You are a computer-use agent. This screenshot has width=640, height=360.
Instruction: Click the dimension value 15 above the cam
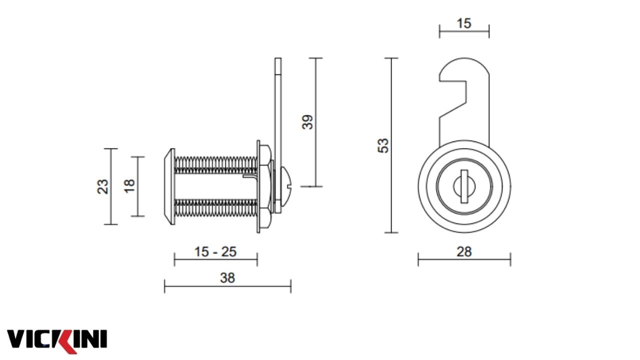pos(464,23)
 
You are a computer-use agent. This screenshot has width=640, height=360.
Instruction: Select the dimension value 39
pos(308,122)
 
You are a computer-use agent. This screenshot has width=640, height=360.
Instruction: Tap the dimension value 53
pos(383,145)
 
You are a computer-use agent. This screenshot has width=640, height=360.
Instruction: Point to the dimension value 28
pos(464,251)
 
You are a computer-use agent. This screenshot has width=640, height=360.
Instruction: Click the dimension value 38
pos(227,278)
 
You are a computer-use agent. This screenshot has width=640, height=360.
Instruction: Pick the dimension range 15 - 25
pos(215,251)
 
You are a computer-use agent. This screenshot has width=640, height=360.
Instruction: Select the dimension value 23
pos(103,186)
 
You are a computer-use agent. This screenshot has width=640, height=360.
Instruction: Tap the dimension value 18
pos(129,185)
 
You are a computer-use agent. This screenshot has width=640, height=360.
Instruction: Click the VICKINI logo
pos(56,339)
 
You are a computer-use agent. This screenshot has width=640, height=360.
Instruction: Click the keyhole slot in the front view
pos(464,186)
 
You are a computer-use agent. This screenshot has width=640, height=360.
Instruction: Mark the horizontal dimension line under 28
pos(464,259)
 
